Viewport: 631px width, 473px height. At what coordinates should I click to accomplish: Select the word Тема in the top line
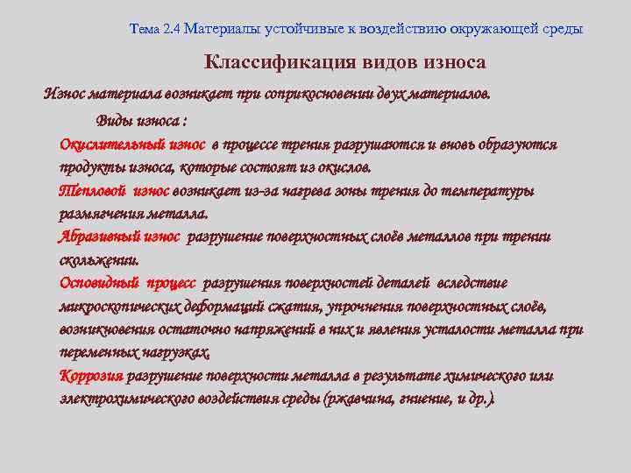pyautogui.click(x=144, y=29)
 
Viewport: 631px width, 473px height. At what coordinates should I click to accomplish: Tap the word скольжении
pyautogui.click(x=97, y=260)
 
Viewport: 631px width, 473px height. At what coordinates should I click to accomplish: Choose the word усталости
pyautogui.click(x=473, y=330)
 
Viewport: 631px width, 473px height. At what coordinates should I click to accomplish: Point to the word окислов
pyautogui.click(x=344, y=167)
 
